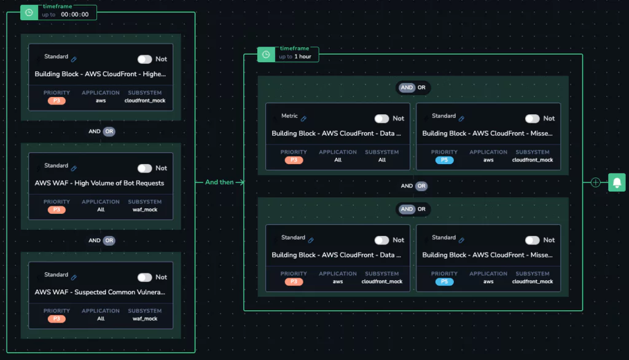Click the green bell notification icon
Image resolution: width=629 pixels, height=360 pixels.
(617, 182)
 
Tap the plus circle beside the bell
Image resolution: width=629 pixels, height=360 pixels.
(596, 182)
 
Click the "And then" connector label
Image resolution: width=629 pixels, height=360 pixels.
(219, 182)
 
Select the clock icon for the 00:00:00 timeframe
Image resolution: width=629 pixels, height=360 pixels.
(29, 12)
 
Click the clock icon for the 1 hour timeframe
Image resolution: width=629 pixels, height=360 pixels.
(266, 55)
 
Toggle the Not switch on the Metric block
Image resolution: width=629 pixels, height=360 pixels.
(381, 119)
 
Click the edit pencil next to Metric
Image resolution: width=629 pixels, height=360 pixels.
(303, 119)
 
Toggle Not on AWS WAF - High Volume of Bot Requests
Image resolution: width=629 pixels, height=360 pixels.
(144, 168)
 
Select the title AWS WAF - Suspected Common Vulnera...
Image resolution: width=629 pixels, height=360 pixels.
(100, 292)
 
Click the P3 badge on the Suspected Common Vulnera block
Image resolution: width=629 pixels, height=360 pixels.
(57, 319)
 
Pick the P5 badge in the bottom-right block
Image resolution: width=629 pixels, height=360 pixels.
(444, 281)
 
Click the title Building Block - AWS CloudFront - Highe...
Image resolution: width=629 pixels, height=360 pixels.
(100, 74)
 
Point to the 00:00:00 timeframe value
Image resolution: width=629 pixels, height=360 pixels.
(74, 15)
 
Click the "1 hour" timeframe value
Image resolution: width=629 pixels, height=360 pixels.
(303, 57)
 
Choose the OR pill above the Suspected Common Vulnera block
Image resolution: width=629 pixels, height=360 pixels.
(109, 240)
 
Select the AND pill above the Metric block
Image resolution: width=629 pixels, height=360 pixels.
(407, 87)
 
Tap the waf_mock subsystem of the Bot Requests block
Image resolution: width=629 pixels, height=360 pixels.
(145, 209)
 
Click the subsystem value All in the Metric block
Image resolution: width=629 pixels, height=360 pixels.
(382, 160)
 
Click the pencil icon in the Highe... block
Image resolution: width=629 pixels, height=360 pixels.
(74, 59)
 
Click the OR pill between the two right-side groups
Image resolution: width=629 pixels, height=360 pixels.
(421, 186)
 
